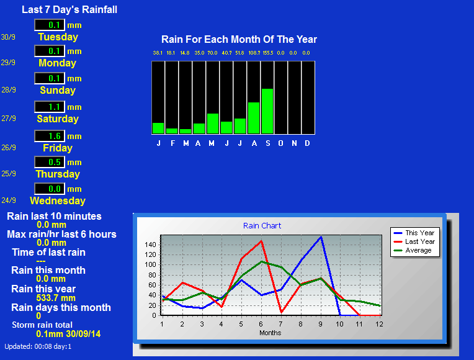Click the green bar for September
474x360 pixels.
pos(267,111)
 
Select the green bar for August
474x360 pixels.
pos(254,118)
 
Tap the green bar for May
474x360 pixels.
pos(213,124)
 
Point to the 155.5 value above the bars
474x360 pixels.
pos(268,53)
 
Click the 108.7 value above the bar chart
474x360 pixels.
pos(254,53)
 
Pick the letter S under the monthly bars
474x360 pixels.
pos(268,143)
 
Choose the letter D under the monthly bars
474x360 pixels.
pos(307,143)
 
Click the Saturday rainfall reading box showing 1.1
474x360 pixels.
pos(50,107)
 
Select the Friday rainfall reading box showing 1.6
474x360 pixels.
pos(50,136)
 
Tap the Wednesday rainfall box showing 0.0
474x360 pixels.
pos(50,189)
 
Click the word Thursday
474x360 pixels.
pos(58,174)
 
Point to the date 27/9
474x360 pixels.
pos(9,119)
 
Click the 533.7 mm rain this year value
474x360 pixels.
pos(56,298)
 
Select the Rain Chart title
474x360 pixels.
pos(262,226)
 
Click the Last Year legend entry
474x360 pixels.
pos(414,241)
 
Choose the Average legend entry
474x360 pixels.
pos(413,250)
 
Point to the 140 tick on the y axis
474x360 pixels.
pos(150,245)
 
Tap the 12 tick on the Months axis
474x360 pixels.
pos(379,324)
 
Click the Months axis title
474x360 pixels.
pos(271,333)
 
